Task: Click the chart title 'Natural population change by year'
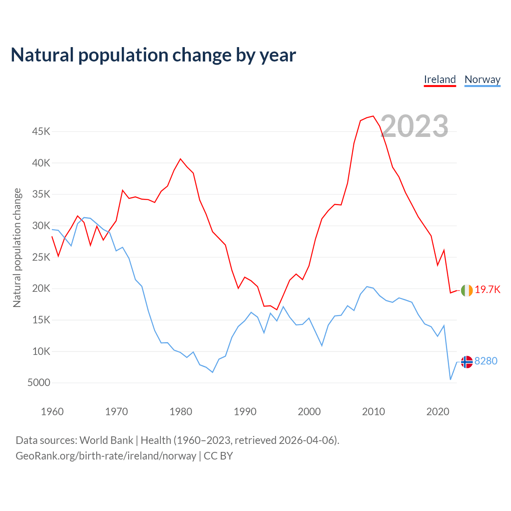tap(153, 55)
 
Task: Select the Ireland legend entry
tap(440, 79)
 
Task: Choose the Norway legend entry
tap(482, 79)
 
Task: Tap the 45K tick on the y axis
tap(41, 131)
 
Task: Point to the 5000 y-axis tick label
tap(39, 382)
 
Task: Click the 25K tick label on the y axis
tap(41, 257)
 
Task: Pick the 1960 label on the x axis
tap(52, 412)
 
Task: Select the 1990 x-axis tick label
tap(245, 412)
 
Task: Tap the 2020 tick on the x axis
tap(438, 412)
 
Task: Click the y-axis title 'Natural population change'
tap(17, 248)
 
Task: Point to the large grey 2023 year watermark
tap(414, 126)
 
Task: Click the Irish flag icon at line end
tap(467, 290)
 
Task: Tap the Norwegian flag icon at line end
tap(467, 362)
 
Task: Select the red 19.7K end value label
tap(487, 290)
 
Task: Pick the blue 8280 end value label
tap(486, 361)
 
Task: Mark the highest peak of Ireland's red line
tap(373, 116)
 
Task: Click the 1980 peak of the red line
tap(180, 159)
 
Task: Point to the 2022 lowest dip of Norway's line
tap(450, 379)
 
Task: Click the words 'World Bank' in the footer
tap(106, 440)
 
